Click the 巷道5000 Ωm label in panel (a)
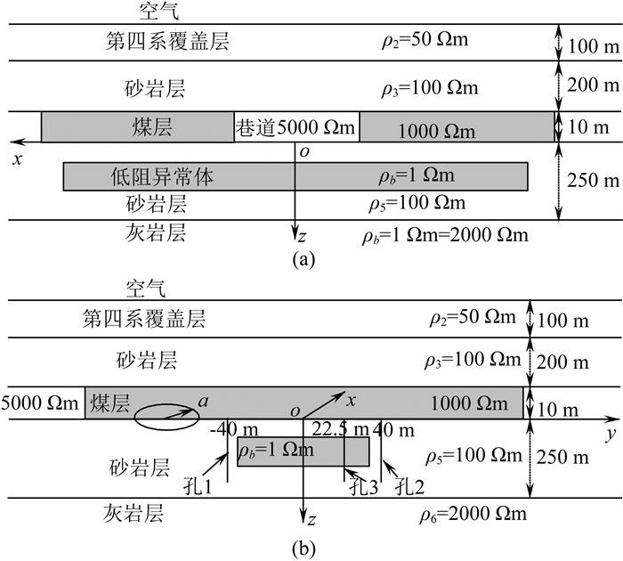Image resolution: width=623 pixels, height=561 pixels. pyautogui.click(x=296, y=128)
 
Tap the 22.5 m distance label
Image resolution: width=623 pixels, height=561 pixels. pyautogui.click(x=344, y=429)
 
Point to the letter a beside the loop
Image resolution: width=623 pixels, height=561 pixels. pyautogui.click(x=205, y=402)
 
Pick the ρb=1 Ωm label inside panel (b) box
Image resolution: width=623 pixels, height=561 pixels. pyautogui.click(x=276, y=451)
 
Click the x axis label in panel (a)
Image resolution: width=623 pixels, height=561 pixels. pyautogui.click(x=15, y=158)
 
